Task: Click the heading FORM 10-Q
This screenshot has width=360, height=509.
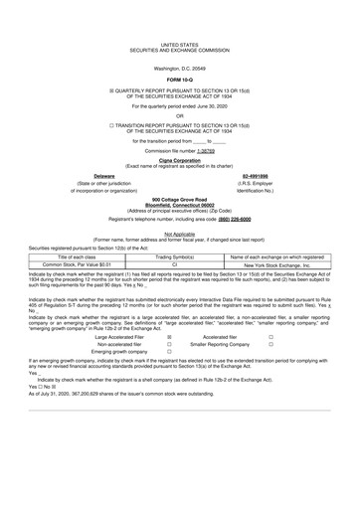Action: (x=179, y=79)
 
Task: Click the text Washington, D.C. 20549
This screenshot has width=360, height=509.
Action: (x=179, y=68)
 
